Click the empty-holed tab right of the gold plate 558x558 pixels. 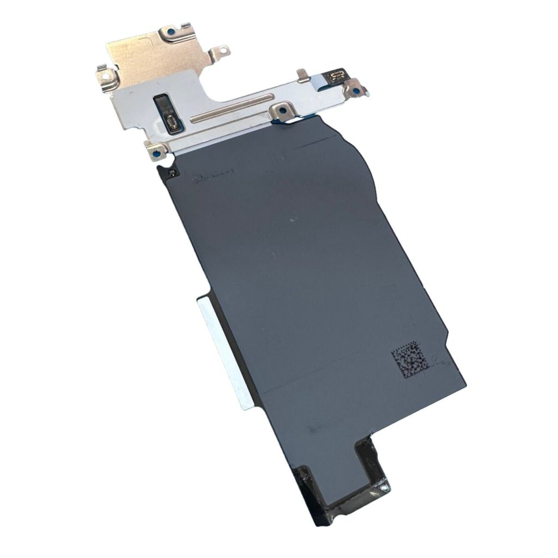[x=221, y=52]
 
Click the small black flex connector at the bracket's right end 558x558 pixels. [x=336, y=75]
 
